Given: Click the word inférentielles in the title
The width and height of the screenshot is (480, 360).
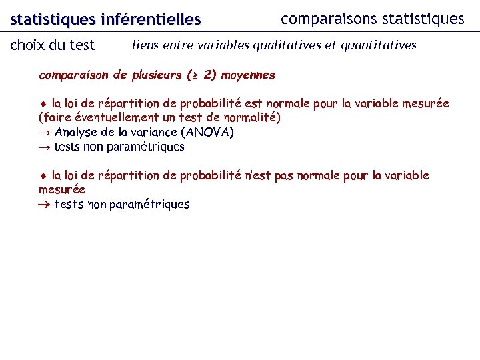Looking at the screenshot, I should [x=150, y=21].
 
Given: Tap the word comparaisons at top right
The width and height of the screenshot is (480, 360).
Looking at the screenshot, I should [x=321, y=19].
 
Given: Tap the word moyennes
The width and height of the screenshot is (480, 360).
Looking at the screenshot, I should [x=248, y=75].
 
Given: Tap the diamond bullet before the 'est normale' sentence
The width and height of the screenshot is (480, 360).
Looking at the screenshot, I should [x=43, y=104].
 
